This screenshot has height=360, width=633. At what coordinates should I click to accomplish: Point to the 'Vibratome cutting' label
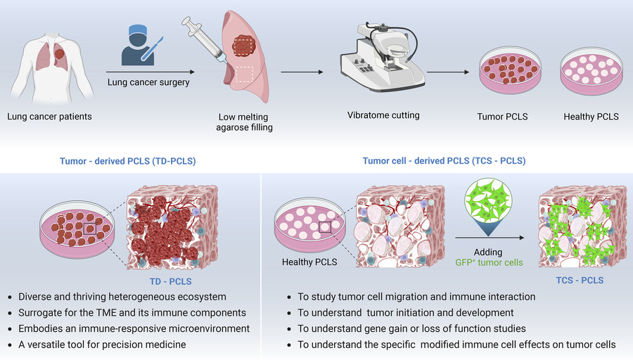point(383,115)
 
